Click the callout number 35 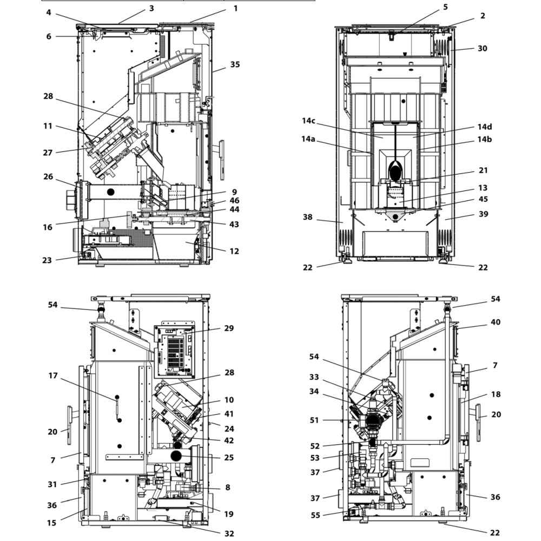(235, 64)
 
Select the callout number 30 (482, 48)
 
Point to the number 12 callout (234, 251)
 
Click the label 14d (484, 127)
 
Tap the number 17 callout (52, 375)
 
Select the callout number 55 (315, 516)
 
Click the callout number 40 (496, 322)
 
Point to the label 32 (229, 533)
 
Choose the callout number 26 (49, 176)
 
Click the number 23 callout (47, 260)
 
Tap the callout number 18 (496, 394)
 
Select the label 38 (307, 217)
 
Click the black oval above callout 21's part (395, 173)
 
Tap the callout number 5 (445, 7)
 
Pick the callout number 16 (48, 227)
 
